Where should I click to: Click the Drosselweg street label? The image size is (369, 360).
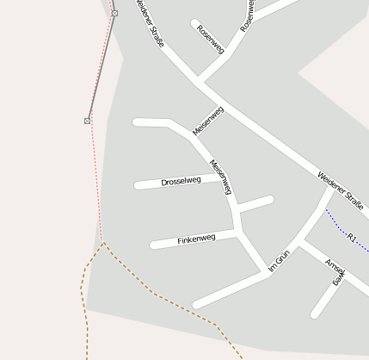[181, 181]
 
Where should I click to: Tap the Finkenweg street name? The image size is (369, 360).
[196, 239]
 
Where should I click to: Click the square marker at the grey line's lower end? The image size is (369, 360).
[87, 121]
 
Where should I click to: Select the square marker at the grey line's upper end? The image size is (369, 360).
[114, 13]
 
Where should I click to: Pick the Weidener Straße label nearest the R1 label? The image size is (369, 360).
[340, 189]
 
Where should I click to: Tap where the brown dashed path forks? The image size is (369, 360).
[104, 244]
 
